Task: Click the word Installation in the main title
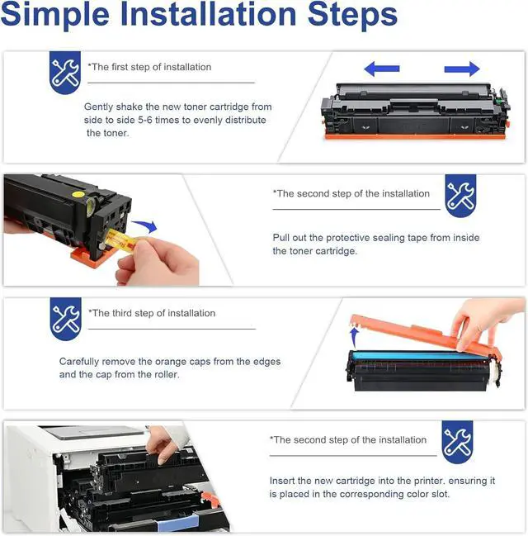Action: tap(209, 14)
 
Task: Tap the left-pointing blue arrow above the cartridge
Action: tap(381, 69)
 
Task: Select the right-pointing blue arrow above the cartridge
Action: tap(462, 69)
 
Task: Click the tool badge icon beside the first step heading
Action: tap(65, 73)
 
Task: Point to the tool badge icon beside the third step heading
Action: tap(65, 319)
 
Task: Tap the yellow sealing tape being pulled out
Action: tap(121, 241)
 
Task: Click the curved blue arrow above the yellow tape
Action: tap(145, 226)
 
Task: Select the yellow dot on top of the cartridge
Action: tap(78, 195)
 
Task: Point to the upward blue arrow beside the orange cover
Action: tap(355, 337)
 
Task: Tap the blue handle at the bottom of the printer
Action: tap(177, 523)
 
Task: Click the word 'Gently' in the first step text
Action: tap(98, 107)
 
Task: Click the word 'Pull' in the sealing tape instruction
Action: tap(281, 237)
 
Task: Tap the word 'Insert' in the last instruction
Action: tap(282, 481)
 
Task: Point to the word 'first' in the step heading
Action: tap(120, 67)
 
